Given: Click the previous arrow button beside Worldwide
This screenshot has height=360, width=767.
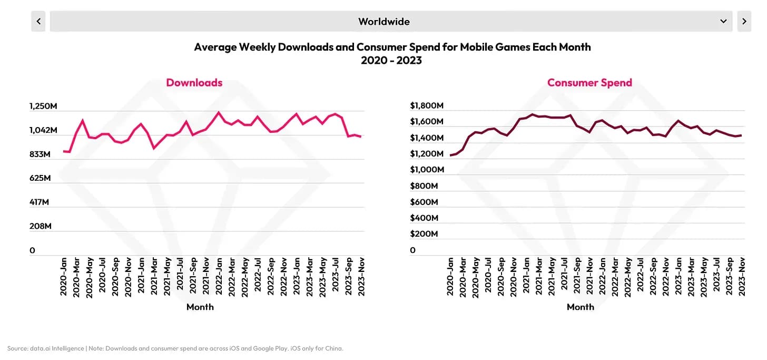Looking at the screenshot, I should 38,22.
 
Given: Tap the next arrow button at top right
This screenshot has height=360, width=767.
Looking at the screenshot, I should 744,22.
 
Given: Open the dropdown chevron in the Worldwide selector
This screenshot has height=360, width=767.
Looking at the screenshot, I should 723,22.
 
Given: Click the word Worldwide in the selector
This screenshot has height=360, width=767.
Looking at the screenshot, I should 383,22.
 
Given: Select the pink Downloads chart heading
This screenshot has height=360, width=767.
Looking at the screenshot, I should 194,83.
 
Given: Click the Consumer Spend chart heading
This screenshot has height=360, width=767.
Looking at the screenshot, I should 589,83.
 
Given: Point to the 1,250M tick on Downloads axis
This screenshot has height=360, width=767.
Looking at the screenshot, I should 43,106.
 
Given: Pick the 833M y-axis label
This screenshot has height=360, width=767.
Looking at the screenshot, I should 40,154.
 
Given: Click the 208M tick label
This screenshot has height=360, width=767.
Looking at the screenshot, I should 40,227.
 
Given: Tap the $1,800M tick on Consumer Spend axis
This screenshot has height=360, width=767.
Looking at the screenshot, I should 427,106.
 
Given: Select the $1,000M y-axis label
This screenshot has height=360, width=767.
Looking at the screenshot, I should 427,170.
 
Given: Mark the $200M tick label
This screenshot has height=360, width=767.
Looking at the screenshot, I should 427,234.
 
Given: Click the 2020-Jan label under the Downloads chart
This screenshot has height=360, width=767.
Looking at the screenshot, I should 64,277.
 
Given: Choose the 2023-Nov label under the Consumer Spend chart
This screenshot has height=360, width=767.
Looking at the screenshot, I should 742,277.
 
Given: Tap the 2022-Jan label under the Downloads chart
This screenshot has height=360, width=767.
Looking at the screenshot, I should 218,277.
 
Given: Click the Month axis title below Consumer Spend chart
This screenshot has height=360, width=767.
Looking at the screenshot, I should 580,307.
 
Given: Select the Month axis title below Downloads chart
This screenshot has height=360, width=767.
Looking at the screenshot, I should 200,307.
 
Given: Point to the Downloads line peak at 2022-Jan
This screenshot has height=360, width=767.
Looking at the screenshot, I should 218,112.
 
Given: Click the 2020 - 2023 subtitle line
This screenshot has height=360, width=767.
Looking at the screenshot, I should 391,61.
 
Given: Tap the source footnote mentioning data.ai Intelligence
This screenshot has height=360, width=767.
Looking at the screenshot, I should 175,348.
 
